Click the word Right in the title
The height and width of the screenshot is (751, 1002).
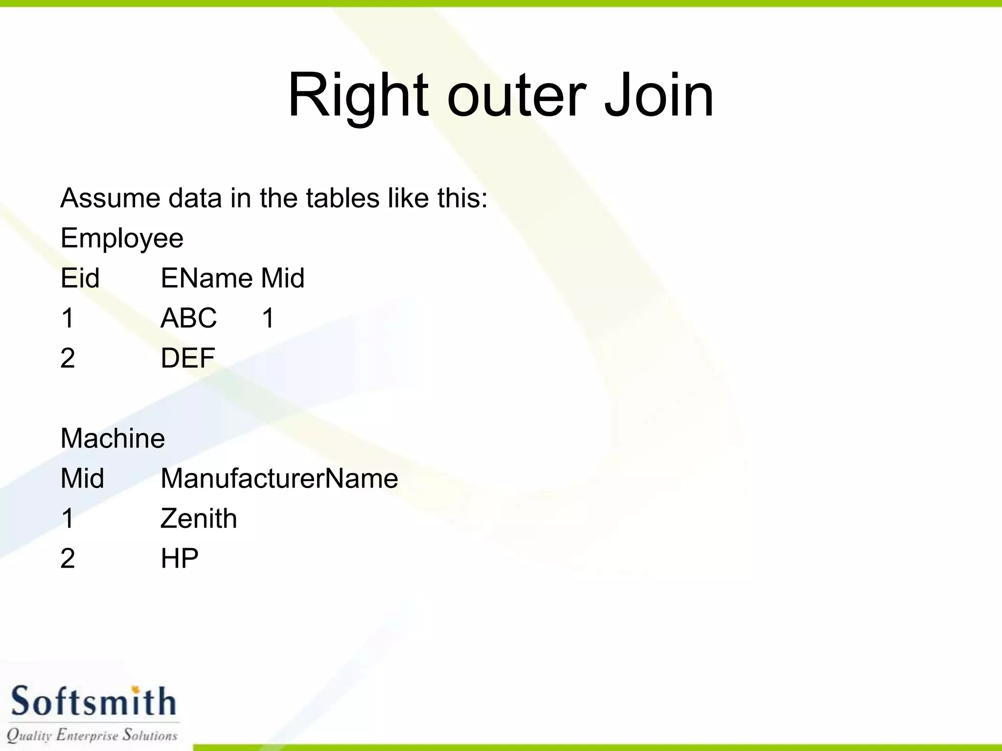click(x=358, y=95)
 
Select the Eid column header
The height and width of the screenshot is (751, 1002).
click(x=80, y=279)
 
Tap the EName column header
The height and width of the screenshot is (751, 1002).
click(x=206, y=279)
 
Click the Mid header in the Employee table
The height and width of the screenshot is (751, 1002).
click(x=282, y=279)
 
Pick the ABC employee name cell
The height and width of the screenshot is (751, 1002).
click(x=188, y=318)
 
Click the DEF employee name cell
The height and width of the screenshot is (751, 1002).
click(x=187, y=358)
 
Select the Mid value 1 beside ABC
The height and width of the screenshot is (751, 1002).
click(x=268, y=318)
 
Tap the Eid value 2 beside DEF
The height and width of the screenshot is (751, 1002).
click(x=68, y=358)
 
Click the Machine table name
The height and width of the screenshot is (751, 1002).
click(x=113, y=439)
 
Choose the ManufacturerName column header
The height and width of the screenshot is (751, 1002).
click(x=279, y=479)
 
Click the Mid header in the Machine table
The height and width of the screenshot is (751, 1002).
click(x=82, y=479)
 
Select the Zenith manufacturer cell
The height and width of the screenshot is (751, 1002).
click(x=199, y=519)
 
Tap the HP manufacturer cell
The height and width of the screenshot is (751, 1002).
click(x=179, y=559)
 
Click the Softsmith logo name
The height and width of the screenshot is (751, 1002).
click(x=93, y=701)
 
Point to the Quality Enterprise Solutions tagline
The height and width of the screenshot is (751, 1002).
click(x=92, y=735)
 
